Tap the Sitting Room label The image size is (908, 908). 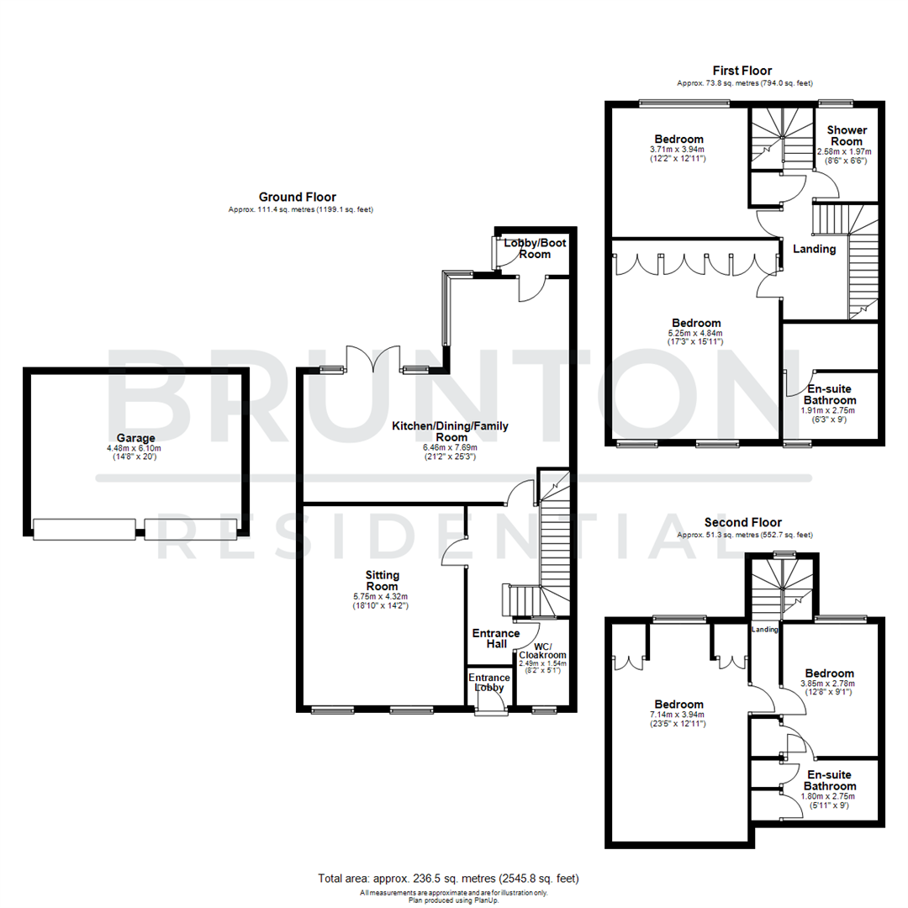point(382,581)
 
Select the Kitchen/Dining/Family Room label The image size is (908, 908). point(450,432)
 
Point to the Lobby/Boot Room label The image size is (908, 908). point(534,248)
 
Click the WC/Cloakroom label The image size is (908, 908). point(543,649)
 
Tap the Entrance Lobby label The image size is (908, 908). point(488,682)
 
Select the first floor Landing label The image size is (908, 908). point(814,249)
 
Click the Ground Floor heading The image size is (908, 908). point(297,197)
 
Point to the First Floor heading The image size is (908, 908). point(742,71)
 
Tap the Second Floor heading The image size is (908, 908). point(742,522)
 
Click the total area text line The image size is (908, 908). point(448,879)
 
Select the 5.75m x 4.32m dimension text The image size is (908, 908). point(381,598)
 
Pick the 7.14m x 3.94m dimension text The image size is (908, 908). point(678,715)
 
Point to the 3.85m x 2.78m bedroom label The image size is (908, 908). point(829,673)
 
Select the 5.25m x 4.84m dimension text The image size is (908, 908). point(696,334)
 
